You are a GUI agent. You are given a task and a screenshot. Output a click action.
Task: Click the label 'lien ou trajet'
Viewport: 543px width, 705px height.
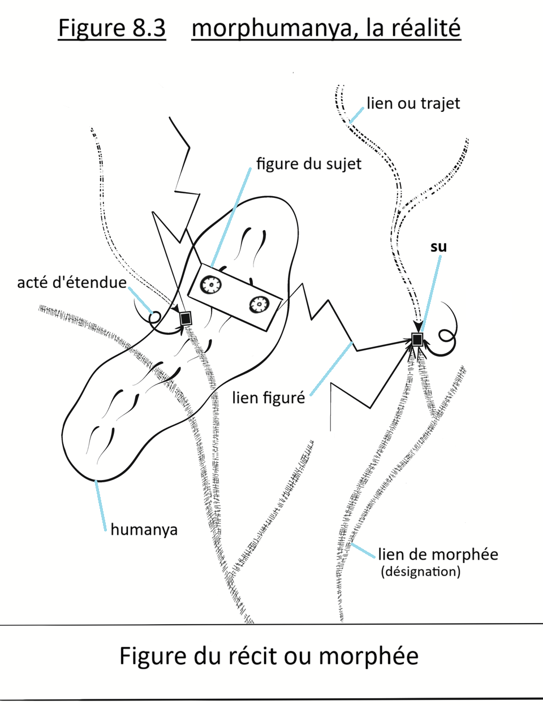tap(413, 104)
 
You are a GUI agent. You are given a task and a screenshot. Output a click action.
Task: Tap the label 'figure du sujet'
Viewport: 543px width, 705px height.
tap(308, 164)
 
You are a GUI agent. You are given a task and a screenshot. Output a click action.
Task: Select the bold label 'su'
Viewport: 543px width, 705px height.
tap(438, 246)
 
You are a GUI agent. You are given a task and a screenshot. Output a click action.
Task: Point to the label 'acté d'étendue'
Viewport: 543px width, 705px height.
tap(72, 282)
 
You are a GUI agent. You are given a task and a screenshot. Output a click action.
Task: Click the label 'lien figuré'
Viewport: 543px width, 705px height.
tap(268, 397)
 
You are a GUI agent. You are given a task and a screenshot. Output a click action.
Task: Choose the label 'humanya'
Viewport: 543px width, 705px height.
tap(144, 530)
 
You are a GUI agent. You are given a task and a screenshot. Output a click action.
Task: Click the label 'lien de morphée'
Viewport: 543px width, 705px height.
tap(438, 554)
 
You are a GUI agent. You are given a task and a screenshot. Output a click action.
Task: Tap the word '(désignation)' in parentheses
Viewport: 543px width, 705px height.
tap(420, 572)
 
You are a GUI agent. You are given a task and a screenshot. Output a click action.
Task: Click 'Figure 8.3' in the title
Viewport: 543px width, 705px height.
tap(112, 28)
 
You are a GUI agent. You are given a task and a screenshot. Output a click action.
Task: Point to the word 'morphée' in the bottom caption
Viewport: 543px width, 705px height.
tap(368, 656)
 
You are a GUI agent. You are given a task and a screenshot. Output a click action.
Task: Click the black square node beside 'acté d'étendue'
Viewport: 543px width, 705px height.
tap(186, 318)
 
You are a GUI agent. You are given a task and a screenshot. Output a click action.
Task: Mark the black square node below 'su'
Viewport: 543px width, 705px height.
tap(417, 339)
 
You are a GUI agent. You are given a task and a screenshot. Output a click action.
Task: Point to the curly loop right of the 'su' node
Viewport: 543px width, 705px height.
tap(447, 337)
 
